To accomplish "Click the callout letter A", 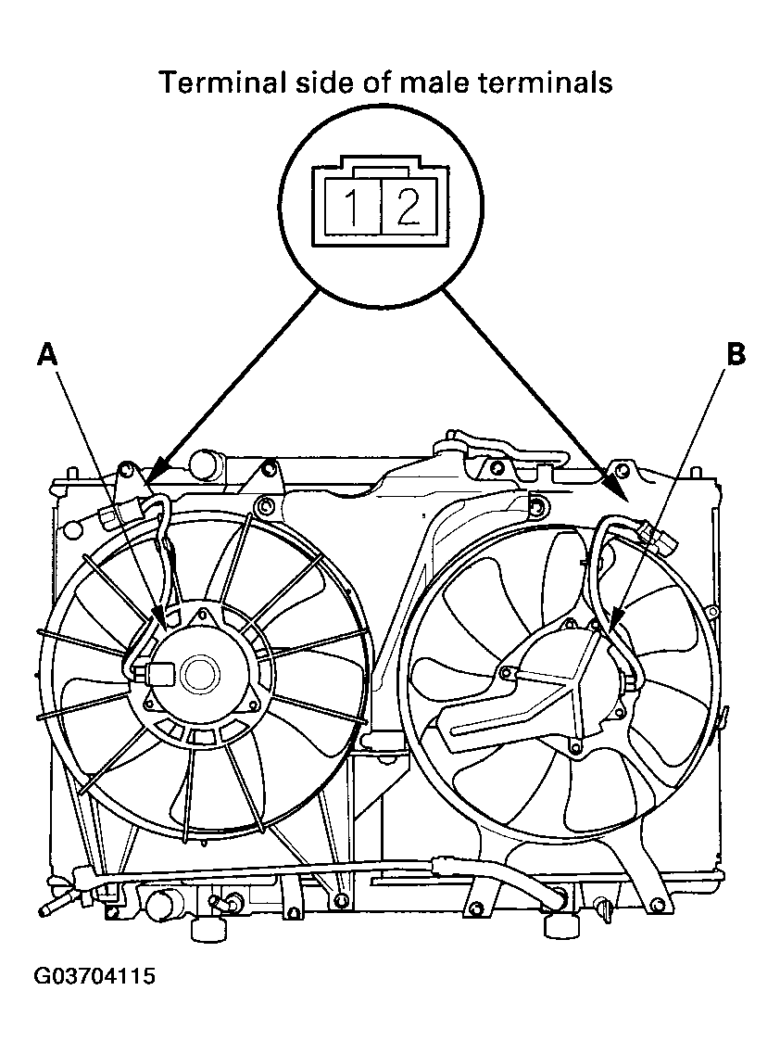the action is point(46,353).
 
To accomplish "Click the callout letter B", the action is point(736,353).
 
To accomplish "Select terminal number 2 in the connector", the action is point(408,207).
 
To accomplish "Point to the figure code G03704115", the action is point(94,975).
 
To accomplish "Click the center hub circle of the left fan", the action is point(198,675).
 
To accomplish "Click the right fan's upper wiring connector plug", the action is point(659,534).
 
